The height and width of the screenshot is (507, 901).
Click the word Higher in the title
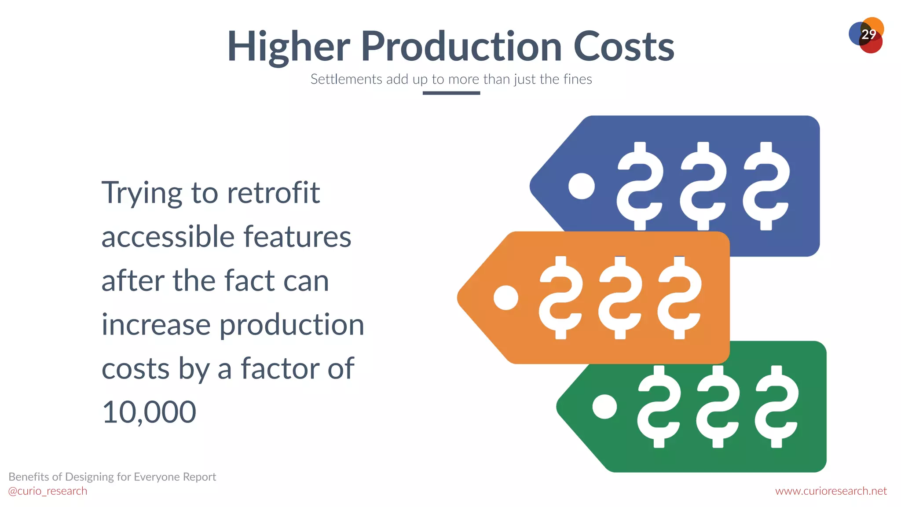(288, 47)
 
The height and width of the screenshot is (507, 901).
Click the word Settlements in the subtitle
(346, 79)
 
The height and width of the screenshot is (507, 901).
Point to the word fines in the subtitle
(577, 79)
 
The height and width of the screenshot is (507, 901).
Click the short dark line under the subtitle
(451, 93)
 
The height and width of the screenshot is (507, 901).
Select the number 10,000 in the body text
(149, 412)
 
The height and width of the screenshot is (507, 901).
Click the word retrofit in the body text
(273, 193)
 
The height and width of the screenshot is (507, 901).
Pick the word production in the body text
(292, 325)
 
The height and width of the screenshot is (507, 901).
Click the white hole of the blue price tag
(581, 186)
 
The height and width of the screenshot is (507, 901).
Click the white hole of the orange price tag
(506, 298)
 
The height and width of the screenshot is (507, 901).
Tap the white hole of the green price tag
(604, 407)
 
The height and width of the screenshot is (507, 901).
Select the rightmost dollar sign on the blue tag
(766, 186)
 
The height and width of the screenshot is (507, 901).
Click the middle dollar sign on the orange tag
(620, 298)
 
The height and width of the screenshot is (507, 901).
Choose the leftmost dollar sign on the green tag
(659, 407)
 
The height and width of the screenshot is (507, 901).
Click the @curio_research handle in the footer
(48, 491)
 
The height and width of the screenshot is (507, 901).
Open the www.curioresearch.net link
(831, 491)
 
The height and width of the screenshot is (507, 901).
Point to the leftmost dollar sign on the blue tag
(640, 186)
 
